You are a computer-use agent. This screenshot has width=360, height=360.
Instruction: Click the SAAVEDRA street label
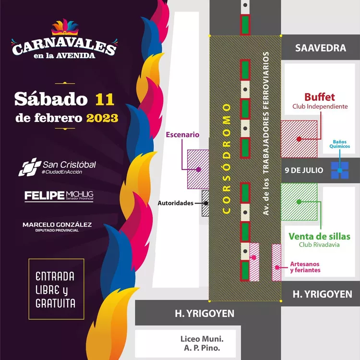pos(321,48)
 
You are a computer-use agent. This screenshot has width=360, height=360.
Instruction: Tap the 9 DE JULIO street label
pos(304,170)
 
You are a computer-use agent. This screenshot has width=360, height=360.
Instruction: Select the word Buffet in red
pos(320,97)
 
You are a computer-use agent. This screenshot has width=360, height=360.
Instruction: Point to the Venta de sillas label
pos(319,237)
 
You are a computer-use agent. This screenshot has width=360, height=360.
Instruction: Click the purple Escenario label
pos(182,135)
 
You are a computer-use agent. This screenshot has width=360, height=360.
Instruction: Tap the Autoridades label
pos(176,203)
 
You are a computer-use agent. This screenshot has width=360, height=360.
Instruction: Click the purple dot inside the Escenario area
pos(198,169)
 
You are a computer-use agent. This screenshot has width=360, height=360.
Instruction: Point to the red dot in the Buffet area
pos(299,139)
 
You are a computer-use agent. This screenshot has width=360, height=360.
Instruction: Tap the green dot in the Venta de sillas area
pos(299,202)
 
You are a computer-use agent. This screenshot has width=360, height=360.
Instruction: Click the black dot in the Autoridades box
pos(206,203)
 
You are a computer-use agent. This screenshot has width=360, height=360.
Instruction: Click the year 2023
pos(102,118)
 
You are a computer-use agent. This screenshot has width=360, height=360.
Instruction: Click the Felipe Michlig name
pos(59,195)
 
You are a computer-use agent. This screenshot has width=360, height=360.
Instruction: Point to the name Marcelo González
pos(57,225)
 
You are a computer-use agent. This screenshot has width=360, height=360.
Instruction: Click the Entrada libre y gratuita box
pos(56,289)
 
